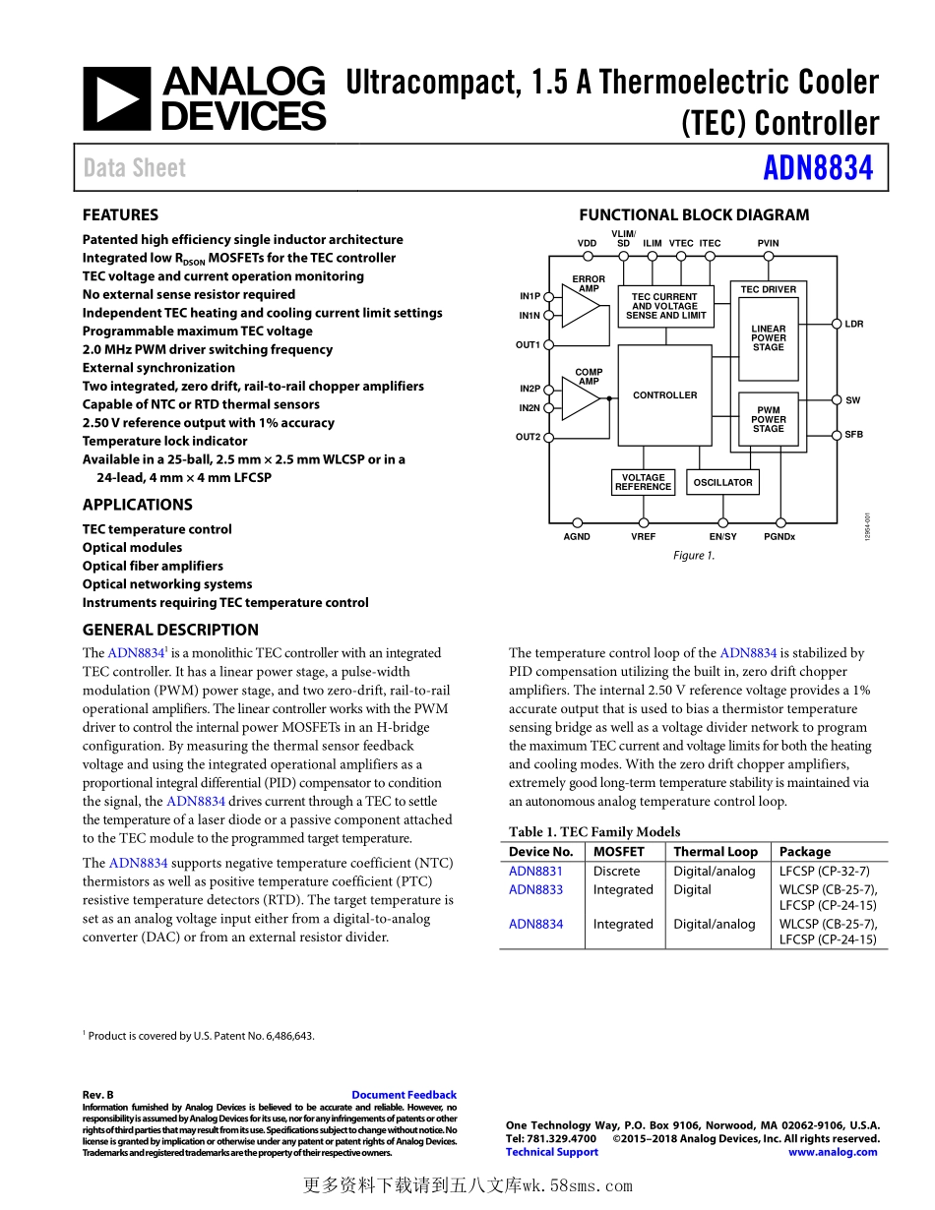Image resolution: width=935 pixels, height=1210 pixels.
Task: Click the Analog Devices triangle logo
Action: coord(116,98)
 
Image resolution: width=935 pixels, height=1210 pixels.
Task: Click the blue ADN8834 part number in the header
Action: coord(818,168)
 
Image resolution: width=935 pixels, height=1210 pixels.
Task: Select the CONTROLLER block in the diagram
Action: coord(664,395)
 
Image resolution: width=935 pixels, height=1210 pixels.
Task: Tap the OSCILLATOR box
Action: coord(722,482)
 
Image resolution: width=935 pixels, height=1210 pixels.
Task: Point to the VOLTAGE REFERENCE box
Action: coord(643,482)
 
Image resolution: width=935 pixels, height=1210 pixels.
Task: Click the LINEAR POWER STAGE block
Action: coord(769,338)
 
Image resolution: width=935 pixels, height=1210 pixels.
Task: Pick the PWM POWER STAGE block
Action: coord(769,420)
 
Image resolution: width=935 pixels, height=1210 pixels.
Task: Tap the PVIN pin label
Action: coord(769,243)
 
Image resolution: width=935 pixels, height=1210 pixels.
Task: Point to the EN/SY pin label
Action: coord(722,536)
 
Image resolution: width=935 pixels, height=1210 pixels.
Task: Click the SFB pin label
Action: coord(853,434)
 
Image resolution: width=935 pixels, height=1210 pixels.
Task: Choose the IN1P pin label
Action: coord(530,296)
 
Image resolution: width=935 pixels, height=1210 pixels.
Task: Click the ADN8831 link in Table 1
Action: coord(535,871)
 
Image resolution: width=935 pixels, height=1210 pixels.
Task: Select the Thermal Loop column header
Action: coord(716,852)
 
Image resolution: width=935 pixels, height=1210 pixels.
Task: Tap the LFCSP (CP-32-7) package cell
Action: coord(824,871)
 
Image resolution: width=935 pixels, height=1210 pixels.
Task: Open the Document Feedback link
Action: coord(404,1095)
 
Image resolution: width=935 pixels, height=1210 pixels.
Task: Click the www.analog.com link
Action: coord(832,1152)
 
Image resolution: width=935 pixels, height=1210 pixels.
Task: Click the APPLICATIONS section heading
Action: coord(138,505)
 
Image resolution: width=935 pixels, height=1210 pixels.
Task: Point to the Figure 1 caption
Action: coord(694,556)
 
